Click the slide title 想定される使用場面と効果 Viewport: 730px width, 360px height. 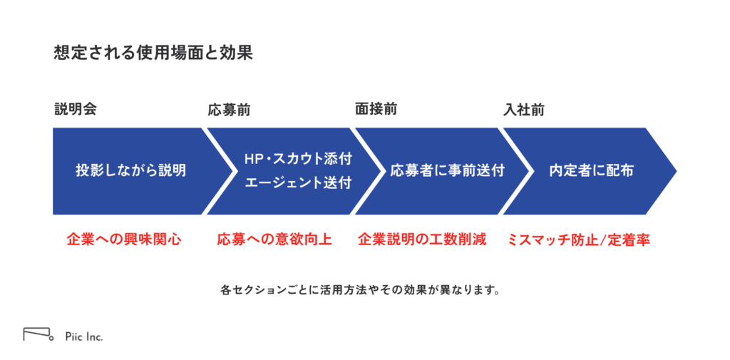point(153,53)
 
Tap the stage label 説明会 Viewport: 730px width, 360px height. point(75,110)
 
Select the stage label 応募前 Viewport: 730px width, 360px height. point(229,110)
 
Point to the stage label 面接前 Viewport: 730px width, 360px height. point(376,110)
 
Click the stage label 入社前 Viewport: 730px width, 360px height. point(524,110)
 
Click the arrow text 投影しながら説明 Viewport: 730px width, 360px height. point(131,171)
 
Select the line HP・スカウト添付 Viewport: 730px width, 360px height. point(299,159)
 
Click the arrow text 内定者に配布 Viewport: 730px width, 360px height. point(591,171)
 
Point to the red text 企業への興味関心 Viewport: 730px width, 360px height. point(123,240)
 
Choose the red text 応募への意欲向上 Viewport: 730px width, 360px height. point(274,240)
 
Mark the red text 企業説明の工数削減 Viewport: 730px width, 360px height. point(422,240)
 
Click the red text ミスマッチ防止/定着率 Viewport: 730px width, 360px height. point(577,240)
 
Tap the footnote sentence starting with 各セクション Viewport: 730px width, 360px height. point(360,291)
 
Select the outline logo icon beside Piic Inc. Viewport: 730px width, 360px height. point(38,334)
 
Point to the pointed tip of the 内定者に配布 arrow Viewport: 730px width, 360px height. point(676,171)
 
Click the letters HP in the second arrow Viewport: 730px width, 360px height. point(253,159)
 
